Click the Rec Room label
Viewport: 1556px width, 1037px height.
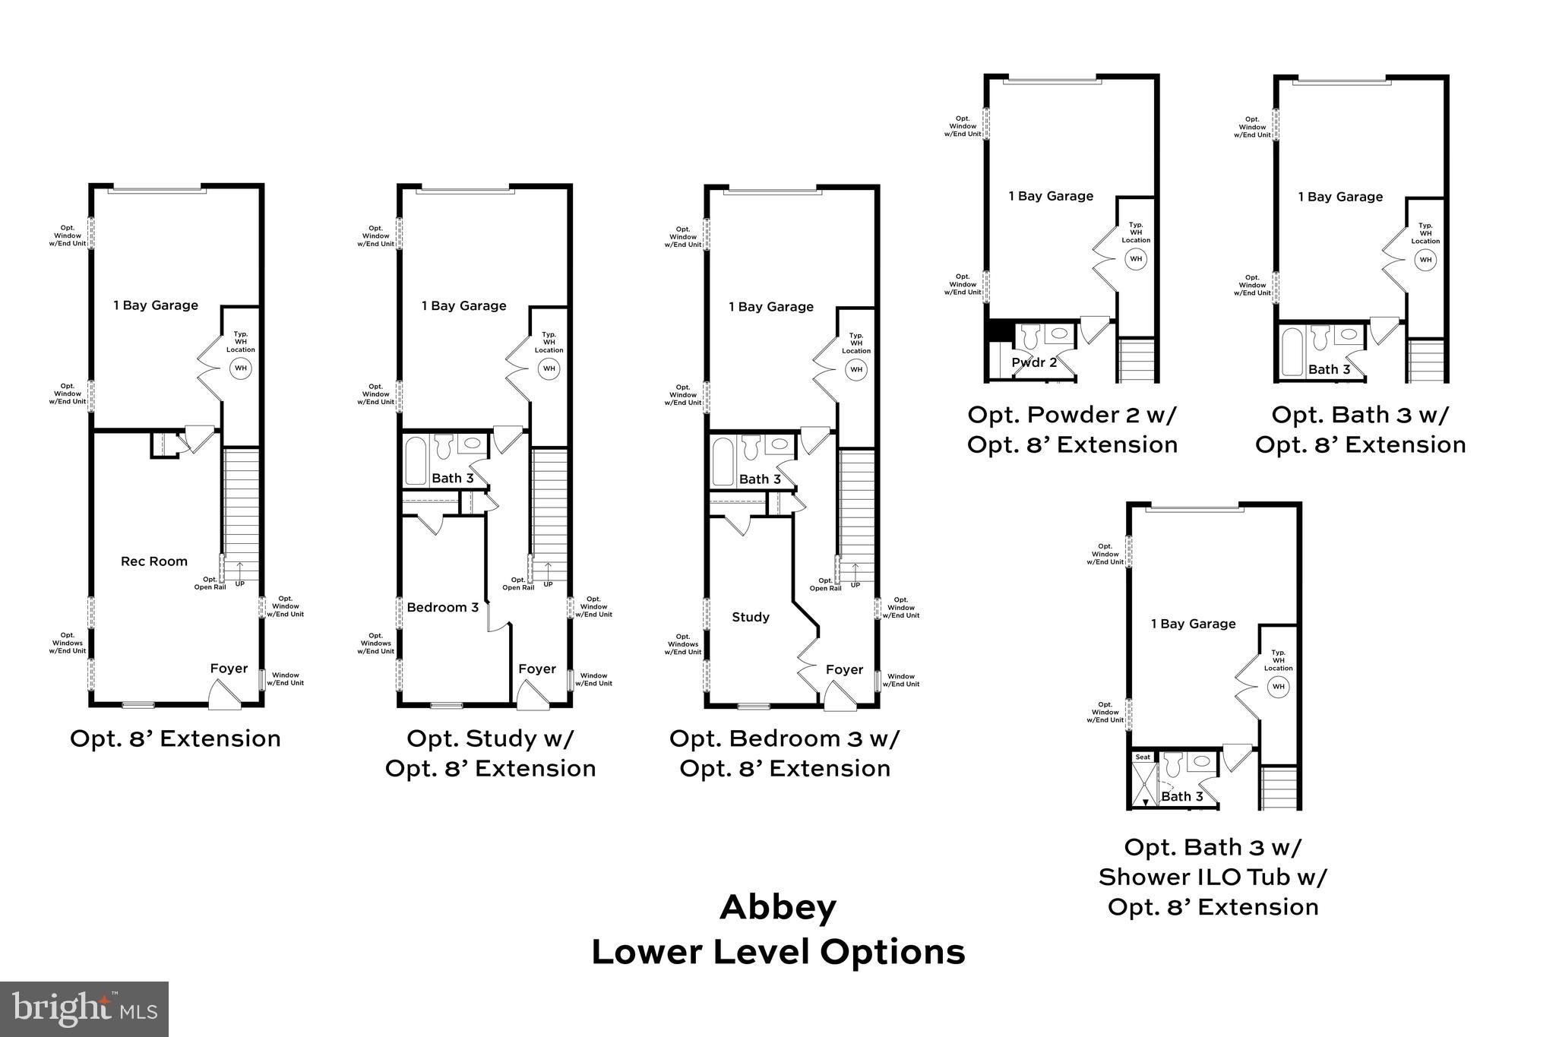coord(154,561)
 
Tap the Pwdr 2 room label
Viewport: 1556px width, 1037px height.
coord(1034,362)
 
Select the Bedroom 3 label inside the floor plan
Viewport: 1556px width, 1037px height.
coord(442,607)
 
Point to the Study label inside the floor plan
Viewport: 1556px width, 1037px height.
coord(751,617)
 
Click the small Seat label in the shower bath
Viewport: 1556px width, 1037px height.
coord(1143,757)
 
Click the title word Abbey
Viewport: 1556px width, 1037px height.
coord(778,907)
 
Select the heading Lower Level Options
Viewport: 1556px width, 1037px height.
coord(778,952)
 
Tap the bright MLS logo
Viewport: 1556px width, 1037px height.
coord(84,1009)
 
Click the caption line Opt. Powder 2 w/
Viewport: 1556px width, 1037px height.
coord(1071,415)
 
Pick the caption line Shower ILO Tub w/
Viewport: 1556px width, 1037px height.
coord(1213,877)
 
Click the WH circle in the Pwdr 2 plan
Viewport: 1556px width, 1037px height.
coord(1136,259)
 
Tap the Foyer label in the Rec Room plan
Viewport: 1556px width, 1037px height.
coord(229,669)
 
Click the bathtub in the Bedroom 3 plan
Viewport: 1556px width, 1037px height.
coord(416,460)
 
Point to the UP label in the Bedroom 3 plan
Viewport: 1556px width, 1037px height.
coord(548,584)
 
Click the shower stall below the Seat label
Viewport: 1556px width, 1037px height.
coord(1143,785)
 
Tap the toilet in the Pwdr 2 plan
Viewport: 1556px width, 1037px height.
coord(1030,336)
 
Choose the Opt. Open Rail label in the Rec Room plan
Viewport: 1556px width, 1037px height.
coord(210,583)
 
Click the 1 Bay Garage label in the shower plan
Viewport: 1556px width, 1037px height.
coord(1193,624)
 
